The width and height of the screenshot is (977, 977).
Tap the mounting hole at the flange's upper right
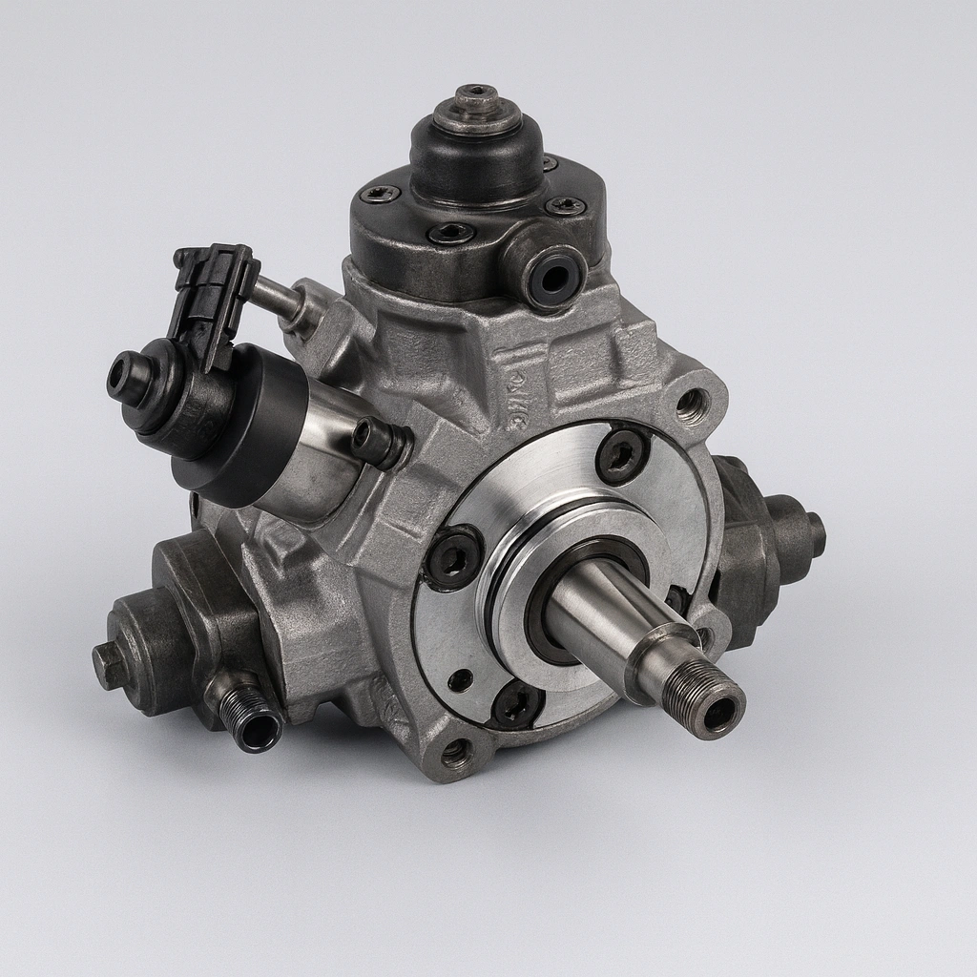pyautogui.click(x=692, y=405)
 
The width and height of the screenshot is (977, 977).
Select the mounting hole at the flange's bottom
pyautogui.click(x=457, y=755)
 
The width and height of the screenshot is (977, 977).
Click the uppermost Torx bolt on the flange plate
pyautogui.click(x=622, y=456)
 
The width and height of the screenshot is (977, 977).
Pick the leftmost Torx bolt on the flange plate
pyautogui.click(x=453, y=557)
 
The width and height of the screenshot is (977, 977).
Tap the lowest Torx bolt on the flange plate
pyautogui.click(x=517, y=703)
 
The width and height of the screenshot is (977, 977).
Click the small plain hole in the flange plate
pyautogui.click(x=461, y=679)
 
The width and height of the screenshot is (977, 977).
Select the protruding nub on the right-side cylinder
pyautogui.click(x=814, y=534)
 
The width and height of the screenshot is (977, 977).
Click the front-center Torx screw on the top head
pyautogui.click(x=450, y=234)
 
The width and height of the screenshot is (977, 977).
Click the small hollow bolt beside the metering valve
pyautogui.click(x=374, y=438)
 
